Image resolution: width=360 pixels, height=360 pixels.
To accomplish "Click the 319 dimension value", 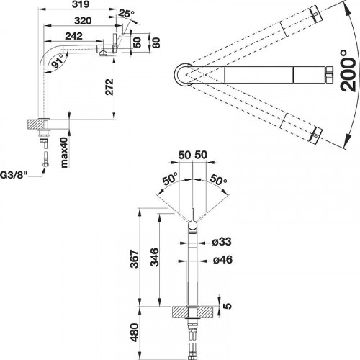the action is click(81, 4).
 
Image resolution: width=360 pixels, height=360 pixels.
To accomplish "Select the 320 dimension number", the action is click(83, 21).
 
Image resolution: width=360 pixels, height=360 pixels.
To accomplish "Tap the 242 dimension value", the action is click(74, 36).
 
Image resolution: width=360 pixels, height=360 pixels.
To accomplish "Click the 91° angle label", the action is click(58, 61).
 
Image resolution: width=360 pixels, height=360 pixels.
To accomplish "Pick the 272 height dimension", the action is click(109, 87).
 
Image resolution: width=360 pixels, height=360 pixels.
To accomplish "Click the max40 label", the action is click(65, 152).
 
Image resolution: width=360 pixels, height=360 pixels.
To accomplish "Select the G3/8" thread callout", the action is click(13, 176).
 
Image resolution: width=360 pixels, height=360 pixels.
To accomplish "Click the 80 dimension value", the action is click(156, 42).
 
